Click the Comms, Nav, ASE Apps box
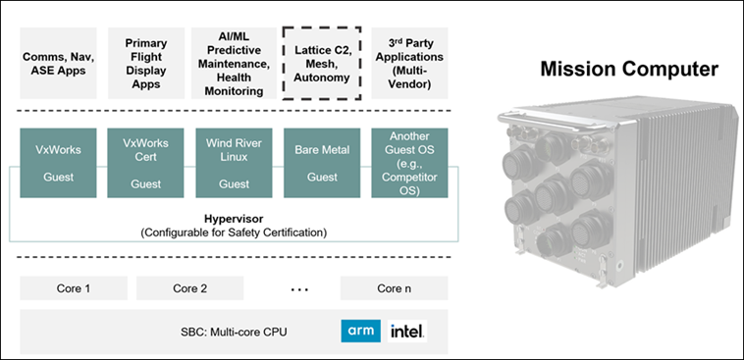(x=58, y=63)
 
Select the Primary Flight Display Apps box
(x=145, y=63)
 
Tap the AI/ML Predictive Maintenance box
(x=234, y=63)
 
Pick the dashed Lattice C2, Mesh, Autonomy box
(x=322, y=63)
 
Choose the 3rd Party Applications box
(x=409, y=63)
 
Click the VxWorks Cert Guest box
(x=145, y=163)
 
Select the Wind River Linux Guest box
(x=234, y=163)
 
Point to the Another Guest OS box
(x=409, y=163)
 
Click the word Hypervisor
(x=234, y=219)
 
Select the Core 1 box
(x=74, y=288)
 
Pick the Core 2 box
(x=189, y=288)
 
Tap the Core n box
(x=395, y=288)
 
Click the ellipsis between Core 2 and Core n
(x=299, y=289)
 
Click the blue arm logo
(x=360, y=332)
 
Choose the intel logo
(x=407, y=332)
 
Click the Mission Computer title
(x=629, y=70)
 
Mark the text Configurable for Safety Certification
(x=234, y=232)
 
